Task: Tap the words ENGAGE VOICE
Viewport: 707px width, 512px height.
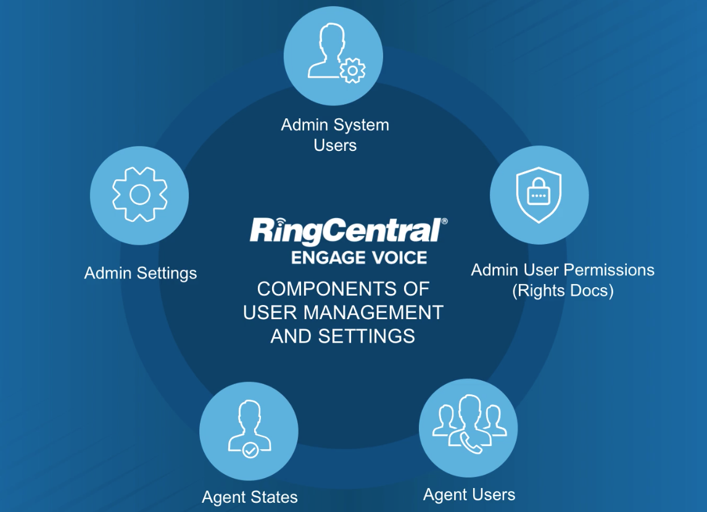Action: pyautogui.click(x=359, y=258)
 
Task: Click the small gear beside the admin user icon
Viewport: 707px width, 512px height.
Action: pyautogui.click(x=352, y=71)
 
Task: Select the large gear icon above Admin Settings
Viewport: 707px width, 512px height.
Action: pyautogui.click(x=140, y=195)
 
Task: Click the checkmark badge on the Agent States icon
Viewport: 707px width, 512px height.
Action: pyautogui.click(x=250, y=450)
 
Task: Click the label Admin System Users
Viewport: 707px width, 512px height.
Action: pyautogui.click(x=335, y=135)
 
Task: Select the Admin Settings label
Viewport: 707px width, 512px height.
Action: pyautogui.click(x=141, y=273)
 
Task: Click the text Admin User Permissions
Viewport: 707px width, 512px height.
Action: pyautogui.click(x=563, y=270)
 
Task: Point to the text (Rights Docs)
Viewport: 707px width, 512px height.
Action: pyautogui.click(x=563, y=290)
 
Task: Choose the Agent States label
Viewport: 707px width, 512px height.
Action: pyautogui.click(x=250, y=497)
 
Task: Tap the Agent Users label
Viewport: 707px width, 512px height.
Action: pyautogui.click(x=469, y=494)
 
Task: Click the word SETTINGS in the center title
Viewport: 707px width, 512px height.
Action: pyautogui.click(x=366, y=336)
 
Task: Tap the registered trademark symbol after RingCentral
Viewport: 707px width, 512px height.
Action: pyautogui.click(x=445, y=221)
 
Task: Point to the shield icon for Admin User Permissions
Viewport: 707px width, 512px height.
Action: pyautogui.click(x=539, y=195)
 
